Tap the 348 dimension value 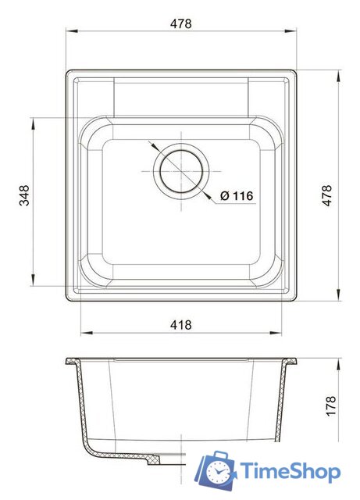coord(24,195)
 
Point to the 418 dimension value coord(180,323)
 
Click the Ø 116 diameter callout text coord(236,195)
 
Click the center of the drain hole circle coord(181,170)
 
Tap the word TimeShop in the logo coord(290,471)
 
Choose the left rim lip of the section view coord(70,362)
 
